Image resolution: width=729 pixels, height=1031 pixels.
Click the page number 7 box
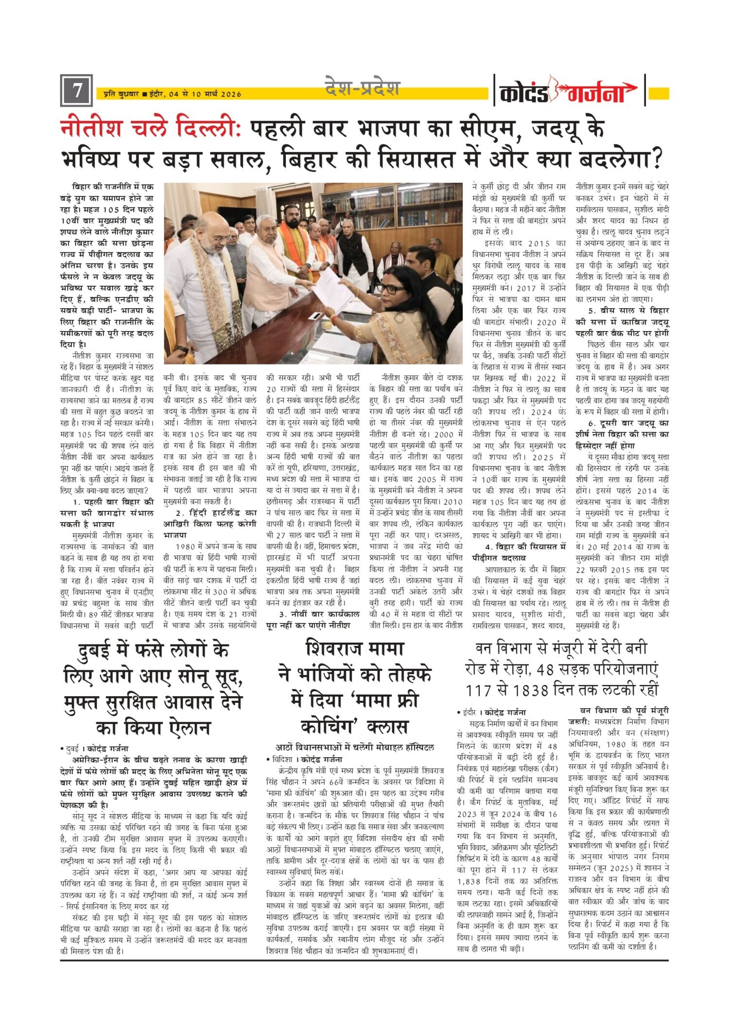[76, 90]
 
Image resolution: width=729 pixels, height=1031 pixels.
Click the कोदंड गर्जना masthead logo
[568, 91]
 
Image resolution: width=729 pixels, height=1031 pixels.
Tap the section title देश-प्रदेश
[362, 88]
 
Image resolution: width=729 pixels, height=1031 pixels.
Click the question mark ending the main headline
[657, 158]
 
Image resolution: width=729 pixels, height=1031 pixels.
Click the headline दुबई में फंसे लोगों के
[153, 650]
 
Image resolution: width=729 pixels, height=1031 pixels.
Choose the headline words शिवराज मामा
[354, 649]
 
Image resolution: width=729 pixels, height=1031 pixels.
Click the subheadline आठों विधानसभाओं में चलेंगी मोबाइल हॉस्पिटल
[355, 747]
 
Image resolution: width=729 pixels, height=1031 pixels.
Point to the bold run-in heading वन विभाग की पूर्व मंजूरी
[625, 710]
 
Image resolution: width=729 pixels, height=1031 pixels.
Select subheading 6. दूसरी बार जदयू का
[622, 423]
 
